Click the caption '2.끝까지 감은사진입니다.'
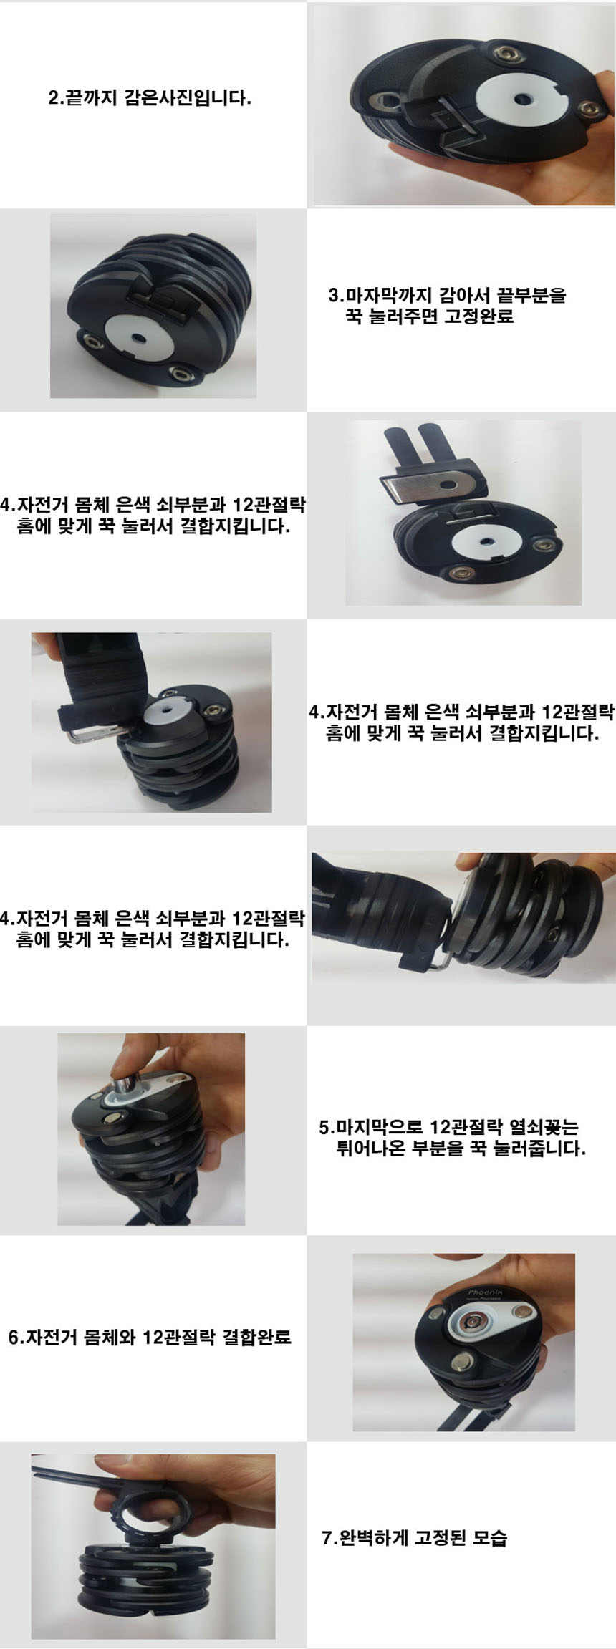149,97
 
